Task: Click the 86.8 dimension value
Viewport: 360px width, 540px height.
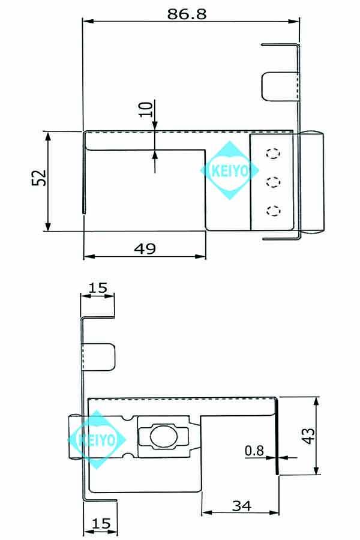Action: [187, 14]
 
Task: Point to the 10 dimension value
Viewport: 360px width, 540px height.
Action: [145, 110]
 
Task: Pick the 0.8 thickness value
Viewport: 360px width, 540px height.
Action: [254, 450]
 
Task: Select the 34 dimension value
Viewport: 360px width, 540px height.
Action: [241, 506]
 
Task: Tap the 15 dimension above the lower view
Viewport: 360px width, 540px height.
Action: [98, 289]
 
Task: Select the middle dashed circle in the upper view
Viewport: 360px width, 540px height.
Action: [274, 182]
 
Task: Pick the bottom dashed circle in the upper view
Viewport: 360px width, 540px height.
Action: [274, 210]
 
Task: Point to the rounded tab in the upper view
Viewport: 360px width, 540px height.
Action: [279, 86]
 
